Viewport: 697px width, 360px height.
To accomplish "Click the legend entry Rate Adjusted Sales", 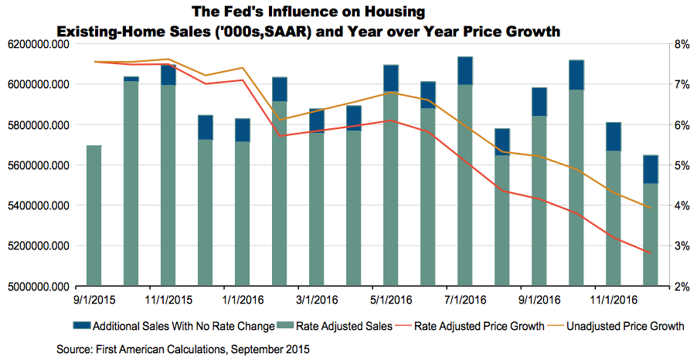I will point(347,326).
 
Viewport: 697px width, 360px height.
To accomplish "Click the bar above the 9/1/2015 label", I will point(93,216).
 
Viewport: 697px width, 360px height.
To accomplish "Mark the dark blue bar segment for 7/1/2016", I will point(465,70).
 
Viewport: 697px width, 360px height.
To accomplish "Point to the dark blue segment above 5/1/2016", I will point(391,78).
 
